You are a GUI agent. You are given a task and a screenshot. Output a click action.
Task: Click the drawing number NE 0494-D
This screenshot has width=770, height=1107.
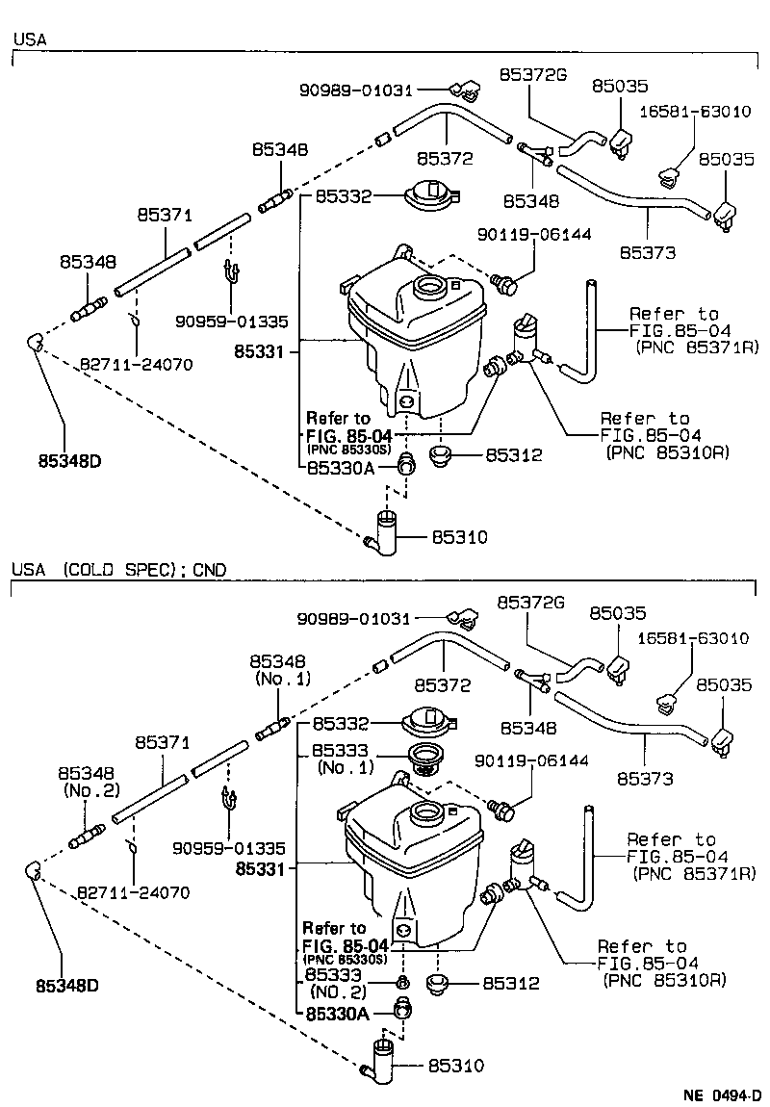721,1094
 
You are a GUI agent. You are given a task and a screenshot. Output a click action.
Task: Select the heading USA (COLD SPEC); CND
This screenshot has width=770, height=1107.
119,570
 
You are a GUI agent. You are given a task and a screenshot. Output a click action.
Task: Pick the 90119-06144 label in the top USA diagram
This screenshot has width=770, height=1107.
534,234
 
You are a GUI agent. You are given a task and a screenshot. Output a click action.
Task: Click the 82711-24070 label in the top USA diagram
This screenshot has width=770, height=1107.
136,365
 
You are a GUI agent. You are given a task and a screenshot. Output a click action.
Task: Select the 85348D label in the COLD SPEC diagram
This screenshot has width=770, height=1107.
68,987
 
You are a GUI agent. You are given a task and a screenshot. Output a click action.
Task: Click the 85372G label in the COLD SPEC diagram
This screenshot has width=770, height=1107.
530,602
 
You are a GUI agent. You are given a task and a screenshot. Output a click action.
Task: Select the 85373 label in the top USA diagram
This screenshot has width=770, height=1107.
647,252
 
